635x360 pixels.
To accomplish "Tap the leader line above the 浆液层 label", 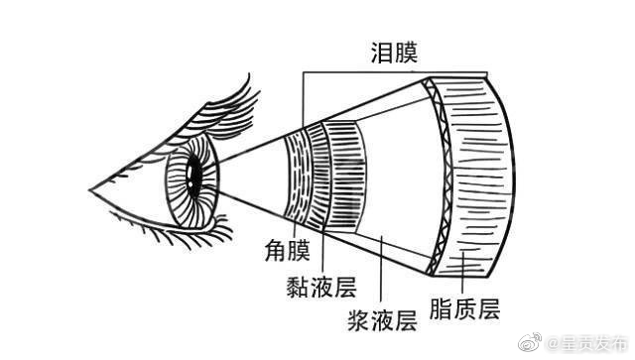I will tap(381, 268).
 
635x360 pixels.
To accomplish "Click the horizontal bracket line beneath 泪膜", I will tap(397, 72).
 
